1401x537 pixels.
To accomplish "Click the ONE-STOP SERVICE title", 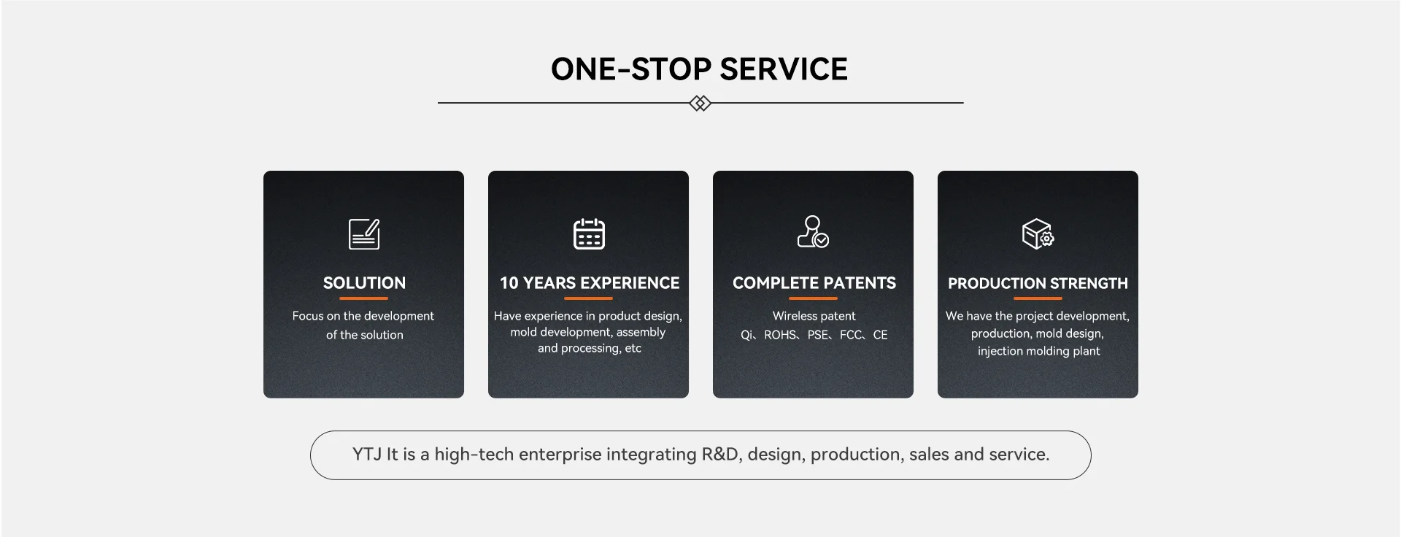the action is pyautogui.click(x=699, y=69).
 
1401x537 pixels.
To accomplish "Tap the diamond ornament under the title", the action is pyautogui.click(x=700, y=103).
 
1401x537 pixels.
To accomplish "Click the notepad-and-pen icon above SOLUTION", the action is pyautogui.click(x=364, y=233).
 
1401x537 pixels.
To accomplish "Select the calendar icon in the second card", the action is pyautogui.click(x=589, y=233).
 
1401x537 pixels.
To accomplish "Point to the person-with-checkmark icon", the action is pyautogui.click(x=813, y=232).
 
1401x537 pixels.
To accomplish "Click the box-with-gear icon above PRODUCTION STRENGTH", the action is pyautogui.click(x=1038, y=233).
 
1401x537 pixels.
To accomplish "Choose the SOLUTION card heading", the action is pyautogui.click(x=364, y=283).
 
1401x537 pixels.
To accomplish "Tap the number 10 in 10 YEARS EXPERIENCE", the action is pyautogui.click(x=509, y=283).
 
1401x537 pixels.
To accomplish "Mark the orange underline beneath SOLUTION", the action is pyautogui.click(x=363, y=298).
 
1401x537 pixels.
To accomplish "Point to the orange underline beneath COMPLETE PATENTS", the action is pyautogui.click(x=813, y=298).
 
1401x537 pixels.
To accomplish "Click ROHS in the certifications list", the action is pyautogui.click(x=780, y=335).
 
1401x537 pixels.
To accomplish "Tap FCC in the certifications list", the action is pyautogui.click(x=851, y=335).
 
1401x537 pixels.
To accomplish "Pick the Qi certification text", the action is pyautogui.click(x=746, y=335).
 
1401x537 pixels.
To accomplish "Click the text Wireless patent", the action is pyautogui.click(x=814, y=316).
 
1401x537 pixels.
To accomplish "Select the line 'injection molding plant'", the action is pyautogui.click(x=1038, y=351).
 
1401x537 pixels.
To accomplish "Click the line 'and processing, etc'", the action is pyautogui.click(x=590, y=348).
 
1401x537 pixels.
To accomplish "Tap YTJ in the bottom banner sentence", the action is pyautogui.click(x=367, y=455).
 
